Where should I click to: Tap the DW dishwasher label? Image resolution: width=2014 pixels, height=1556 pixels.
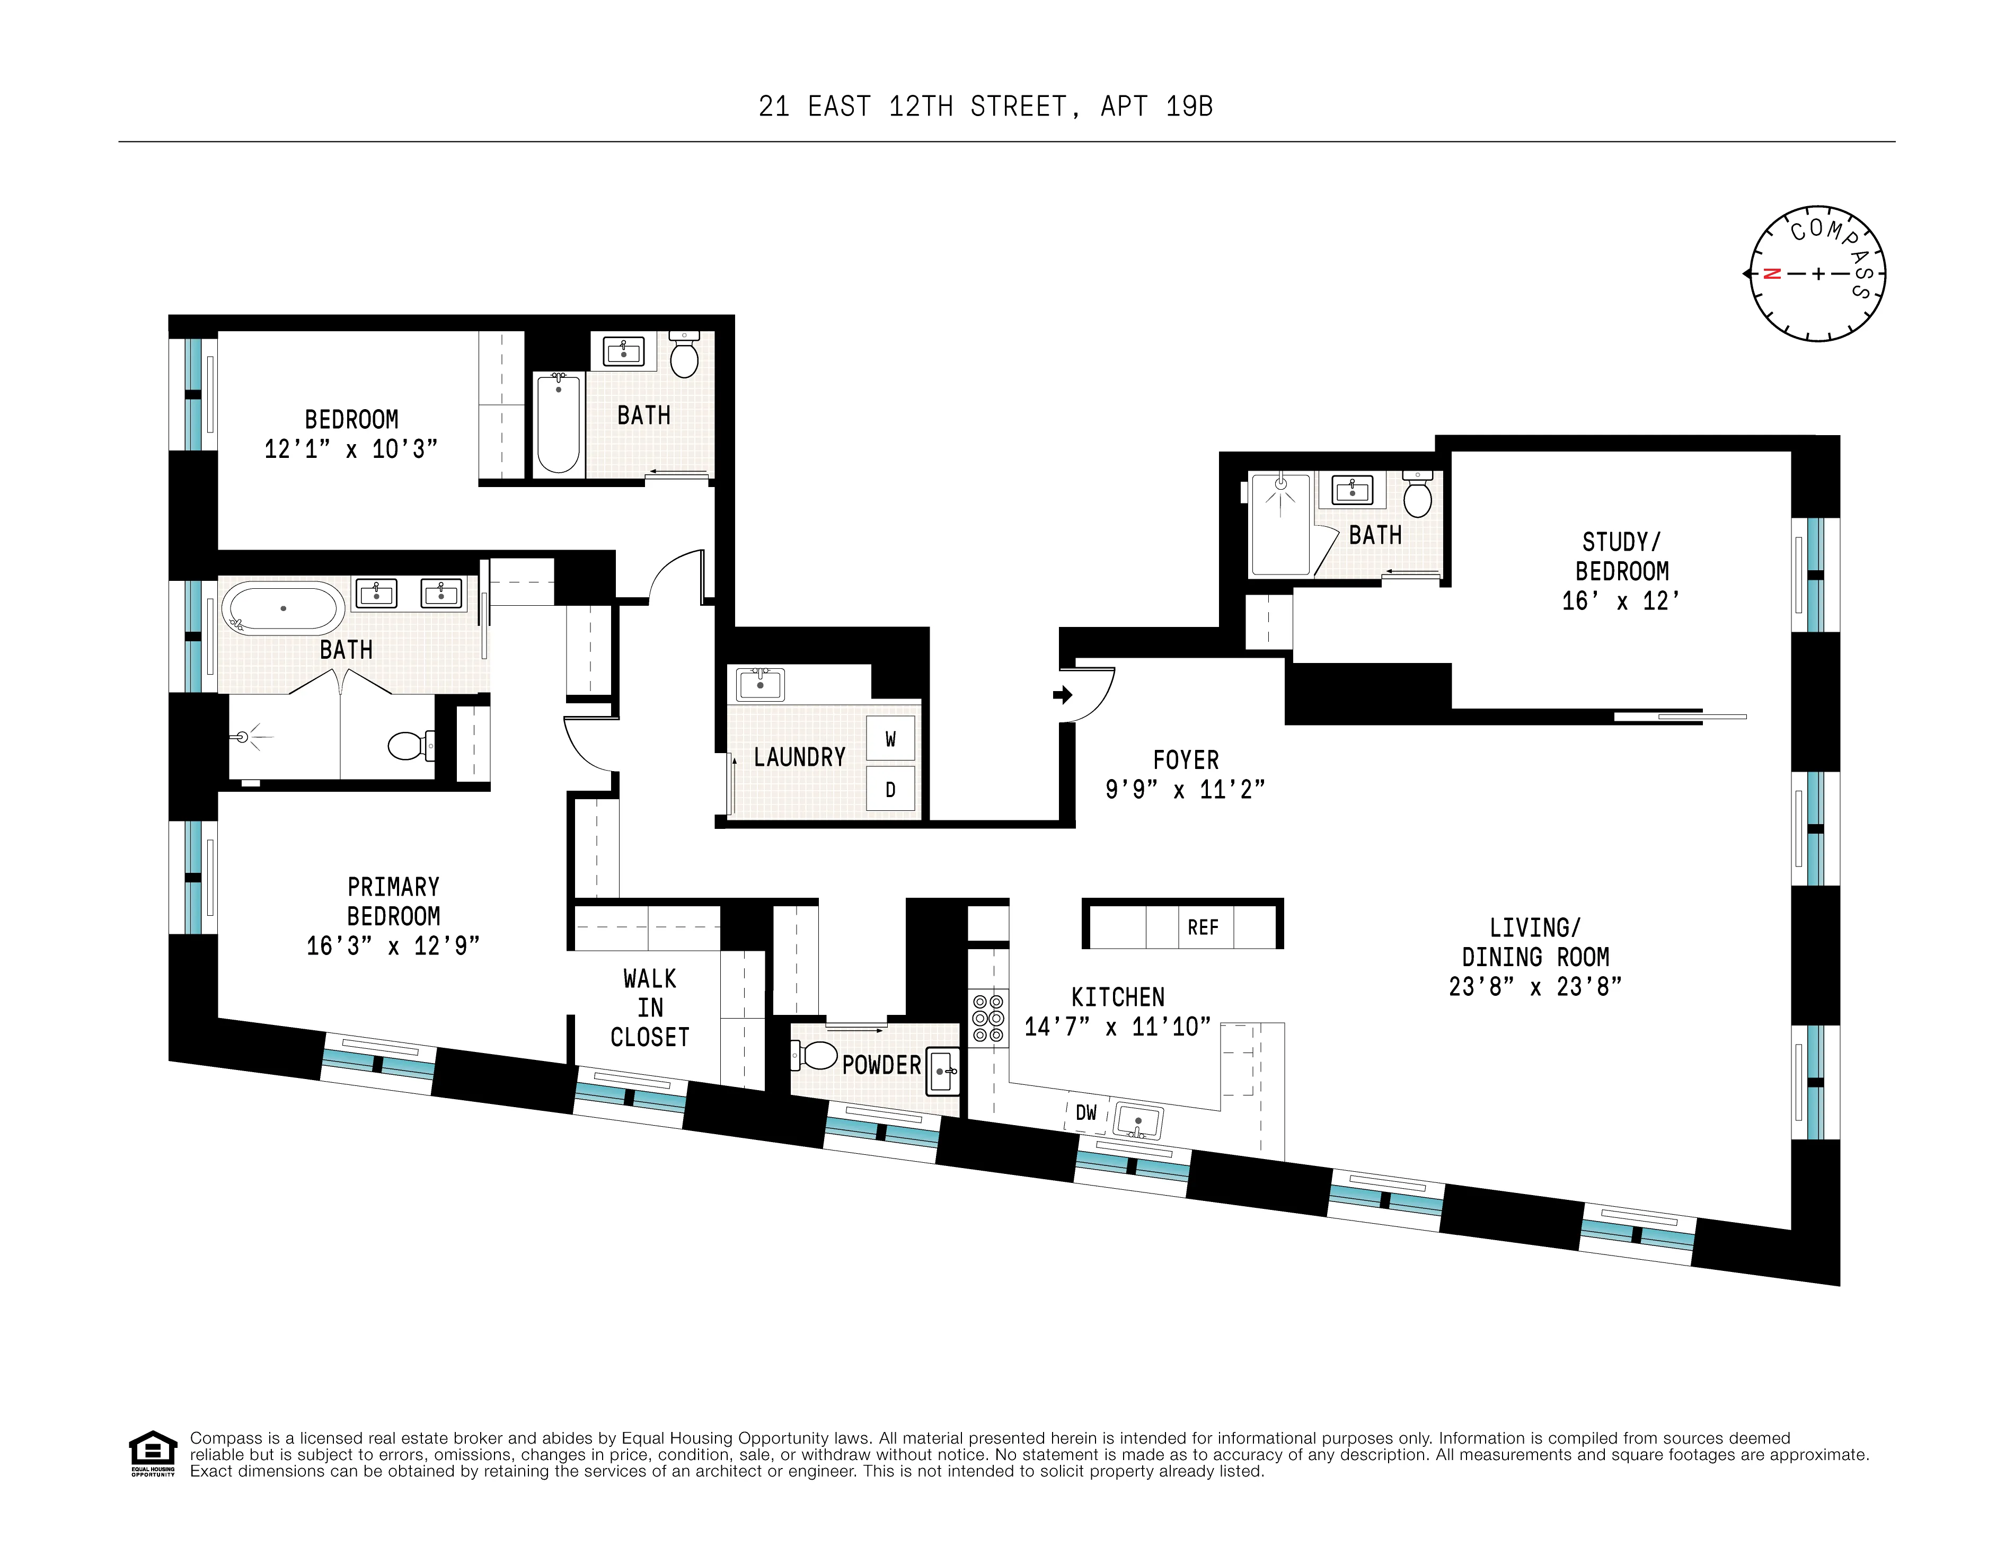tap(1086, 1113)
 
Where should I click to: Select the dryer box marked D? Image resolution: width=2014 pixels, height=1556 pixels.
tap(890, 790)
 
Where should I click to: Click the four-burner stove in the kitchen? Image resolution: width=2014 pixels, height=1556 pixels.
tap(987, 1018)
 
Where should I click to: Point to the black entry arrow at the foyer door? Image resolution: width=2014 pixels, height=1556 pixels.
tap(1062, 694)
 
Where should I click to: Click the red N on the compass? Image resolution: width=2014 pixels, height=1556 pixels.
tap(1771, 274)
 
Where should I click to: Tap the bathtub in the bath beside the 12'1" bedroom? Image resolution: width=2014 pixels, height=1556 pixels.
tap(558, 425)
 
